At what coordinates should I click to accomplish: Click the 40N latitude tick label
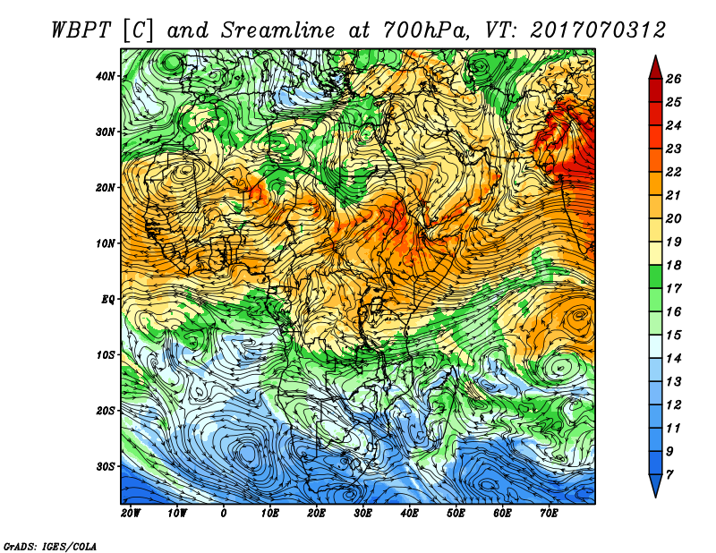click(x=105, y=76)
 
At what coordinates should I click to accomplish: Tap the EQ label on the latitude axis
click(x=108, y=300)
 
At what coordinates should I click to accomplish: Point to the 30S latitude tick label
click(x=106, y=467)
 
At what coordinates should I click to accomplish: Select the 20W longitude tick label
click(x=131, y=514)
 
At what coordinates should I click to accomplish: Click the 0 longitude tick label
click(x=223, y=514)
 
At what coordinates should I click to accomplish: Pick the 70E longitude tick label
click(x=549, y=514)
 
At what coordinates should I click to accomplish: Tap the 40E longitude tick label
click(x=409, y=514)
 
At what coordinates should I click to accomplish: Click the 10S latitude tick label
click(x=106, y=355)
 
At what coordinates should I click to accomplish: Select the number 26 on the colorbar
click(x=673, y=79)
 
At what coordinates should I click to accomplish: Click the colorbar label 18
click(x=673, y=265)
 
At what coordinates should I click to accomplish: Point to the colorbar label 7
click(x=669, y=475)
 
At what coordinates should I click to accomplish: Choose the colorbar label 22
click(x=673, y=172)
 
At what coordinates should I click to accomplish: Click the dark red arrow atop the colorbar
click(x=656, y=69)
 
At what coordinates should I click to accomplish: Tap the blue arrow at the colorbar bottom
click(x=656, y=485)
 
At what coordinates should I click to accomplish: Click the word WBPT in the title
click(x=81, y=30)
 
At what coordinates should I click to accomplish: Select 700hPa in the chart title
click(x=425, y=30)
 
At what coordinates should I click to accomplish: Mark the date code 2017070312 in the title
click(x=598, y=30)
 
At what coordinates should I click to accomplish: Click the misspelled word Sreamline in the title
click(x=278, y=30)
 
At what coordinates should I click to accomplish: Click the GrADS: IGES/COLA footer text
click(x=50, y=546)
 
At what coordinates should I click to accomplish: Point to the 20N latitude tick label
click(x=106, y=188)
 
